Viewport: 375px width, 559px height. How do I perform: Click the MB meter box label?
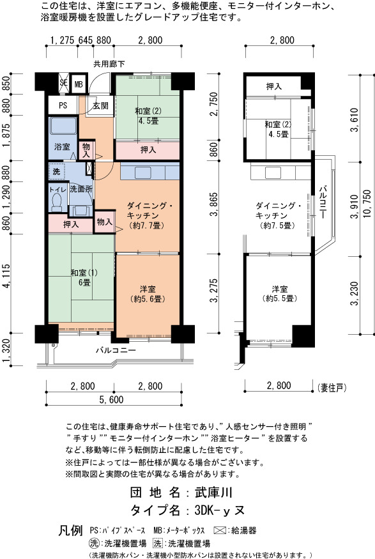(79, 85)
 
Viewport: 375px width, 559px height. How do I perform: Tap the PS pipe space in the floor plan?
(63, 105)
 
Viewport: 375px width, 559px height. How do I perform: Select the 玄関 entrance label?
(100, 106)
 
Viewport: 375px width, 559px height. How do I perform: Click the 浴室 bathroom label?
(62, 146)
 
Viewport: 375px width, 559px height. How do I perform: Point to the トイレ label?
(57, 190)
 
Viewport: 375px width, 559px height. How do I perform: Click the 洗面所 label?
(81, 189)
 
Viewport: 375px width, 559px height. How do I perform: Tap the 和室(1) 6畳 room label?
(84, 278)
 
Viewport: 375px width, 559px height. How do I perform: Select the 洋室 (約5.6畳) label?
(148, 294)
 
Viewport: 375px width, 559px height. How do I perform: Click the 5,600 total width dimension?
(112, 400)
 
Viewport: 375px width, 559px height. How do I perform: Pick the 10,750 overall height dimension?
(367, 204)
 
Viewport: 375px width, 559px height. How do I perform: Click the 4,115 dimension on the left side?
(6, 275)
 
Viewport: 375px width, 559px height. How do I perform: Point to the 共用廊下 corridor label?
(109, 64)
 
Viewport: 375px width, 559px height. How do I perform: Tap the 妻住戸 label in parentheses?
(332, 388)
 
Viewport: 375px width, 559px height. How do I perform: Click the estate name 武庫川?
(213, 493)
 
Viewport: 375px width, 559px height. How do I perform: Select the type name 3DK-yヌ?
(220, 510)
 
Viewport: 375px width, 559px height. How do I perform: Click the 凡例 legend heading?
(70, 530)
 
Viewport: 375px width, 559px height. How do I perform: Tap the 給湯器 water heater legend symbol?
(220, 530)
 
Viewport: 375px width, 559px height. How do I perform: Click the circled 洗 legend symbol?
(94, 543)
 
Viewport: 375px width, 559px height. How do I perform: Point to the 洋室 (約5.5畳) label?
(280, 293)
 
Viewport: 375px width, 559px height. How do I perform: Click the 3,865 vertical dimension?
(214, 204)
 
